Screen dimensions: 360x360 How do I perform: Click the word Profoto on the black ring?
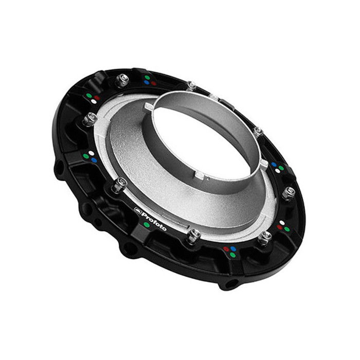(153, 218)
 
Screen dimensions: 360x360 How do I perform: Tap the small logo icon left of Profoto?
(137, 209)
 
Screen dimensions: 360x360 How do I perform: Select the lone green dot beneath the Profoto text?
(148, 225)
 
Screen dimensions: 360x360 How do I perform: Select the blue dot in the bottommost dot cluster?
(233, 248)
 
